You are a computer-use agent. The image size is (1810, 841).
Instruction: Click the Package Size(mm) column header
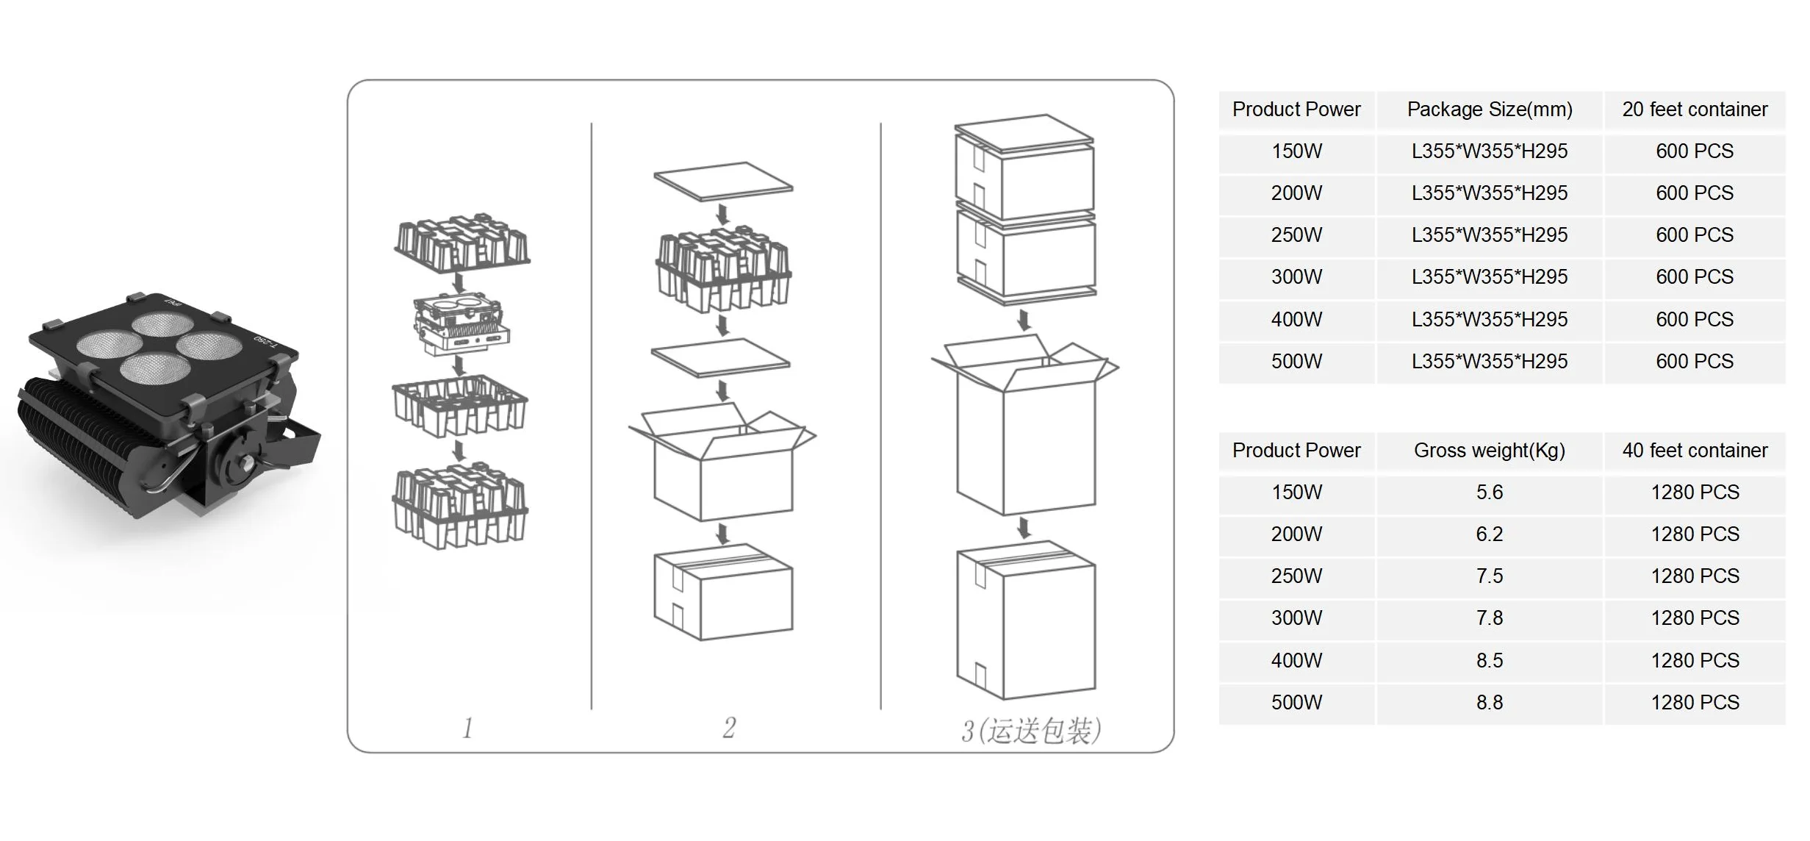click(x=1489, y=110)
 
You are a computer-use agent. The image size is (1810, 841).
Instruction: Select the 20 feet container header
click(x=1694, y=110)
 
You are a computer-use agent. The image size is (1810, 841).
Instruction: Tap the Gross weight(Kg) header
click(x=1489, y=451)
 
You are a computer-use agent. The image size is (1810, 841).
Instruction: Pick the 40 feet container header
click(x=1694, y=451)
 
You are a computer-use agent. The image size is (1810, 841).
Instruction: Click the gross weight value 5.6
click(x=1489, y=493)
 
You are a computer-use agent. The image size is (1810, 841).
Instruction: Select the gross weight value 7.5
click(x=1489, y=576)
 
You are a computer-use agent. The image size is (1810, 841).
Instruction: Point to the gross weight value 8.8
click(x=1489, y=703)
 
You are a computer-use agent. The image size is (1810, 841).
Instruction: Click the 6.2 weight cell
click(x=1489, y=534)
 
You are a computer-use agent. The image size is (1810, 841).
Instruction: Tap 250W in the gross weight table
click(x=1296, y=576)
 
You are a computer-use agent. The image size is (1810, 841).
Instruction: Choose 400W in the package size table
click(x=1296, y=320)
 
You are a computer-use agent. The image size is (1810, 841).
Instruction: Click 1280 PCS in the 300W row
click(x=1694, y=618)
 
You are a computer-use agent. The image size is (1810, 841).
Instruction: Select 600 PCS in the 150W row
click(x=1694, y=151)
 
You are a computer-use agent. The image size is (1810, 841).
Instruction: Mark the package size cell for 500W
click(x=1489, y=362)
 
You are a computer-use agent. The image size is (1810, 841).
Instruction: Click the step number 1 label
click(x=467, y=728)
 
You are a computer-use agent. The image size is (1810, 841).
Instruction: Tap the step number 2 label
click(x=728, y=728)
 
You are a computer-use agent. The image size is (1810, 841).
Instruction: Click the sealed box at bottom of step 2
click(x=723, y=592)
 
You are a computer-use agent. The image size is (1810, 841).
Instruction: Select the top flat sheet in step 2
click(x=723, y=181)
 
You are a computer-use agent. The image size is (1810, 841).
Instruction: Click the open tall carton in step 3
click(x=1025, y=434)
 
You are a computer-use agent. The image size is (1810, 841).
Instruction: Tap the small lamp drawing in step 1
click(x=461, y=325)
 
